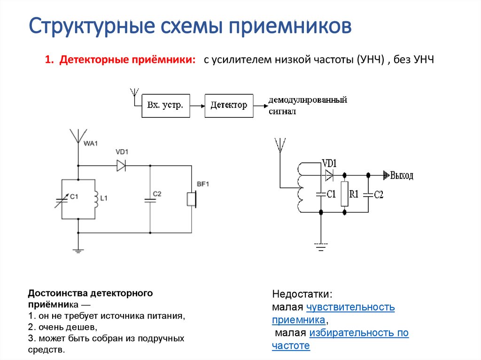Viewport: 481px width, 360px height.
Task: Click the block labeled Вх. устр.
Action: pos(165,105)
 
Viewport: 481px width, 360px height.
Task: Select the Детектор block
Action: pos(229,105)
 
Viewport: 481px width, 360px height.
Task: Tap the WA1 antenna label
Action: pos(91,144)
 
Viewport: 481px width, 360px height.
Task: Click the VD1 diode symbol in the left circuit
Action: pos(122,165)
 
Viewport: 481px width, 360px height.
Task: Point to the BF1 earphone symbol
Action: pos(191,199)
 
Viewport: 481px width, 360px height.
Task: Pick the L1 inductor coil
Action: pos(96,199)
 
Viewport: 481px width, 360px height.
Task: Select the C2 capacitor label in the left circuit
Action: pos(157,193)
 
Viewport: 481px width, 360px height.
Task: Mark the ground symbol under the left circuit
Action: pos(78,251)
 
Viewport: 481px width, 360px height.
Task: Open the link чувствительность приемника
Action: pos(350,308)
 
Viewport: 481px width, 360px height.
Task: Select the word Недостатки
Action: pos(302,295)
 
